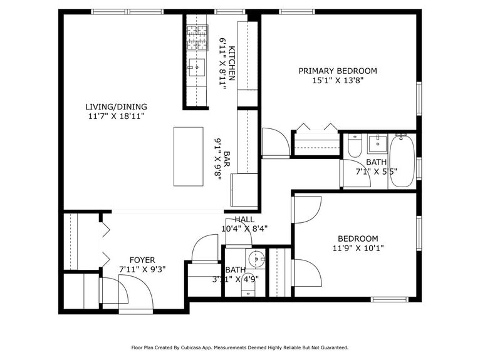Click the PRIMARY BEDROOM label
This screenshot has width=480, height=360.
pyautogui.click(x=337, y=71)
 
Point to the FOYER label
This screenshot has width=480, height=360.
pyautogui.click(x=142, y=260)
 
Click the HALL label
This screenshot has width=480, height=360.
pyautogui.click(x=244, y=220)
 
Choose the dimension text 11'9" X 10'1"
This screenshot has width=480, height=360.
pyautogui.click(x=358, y=248)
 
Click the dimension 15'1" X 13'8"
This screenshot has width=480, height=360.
pyautogui.click(x=338, y=80)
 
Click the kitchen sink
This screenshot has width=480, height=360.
pyautogui.click(x=197, y=66)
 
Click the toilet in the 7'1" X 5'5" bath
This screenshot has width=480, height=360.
pyautogui.click(x=354, y=147)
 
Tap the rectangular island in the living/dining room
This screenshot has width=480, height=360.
pyautogui.click(x=188, y=156)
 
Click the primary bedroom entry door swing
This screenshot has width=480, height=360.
pyautogui.click(x=274, y=143)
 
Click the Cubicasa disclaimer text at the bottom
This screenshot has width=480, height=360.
pyautogui.click(x=239, y=347)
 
